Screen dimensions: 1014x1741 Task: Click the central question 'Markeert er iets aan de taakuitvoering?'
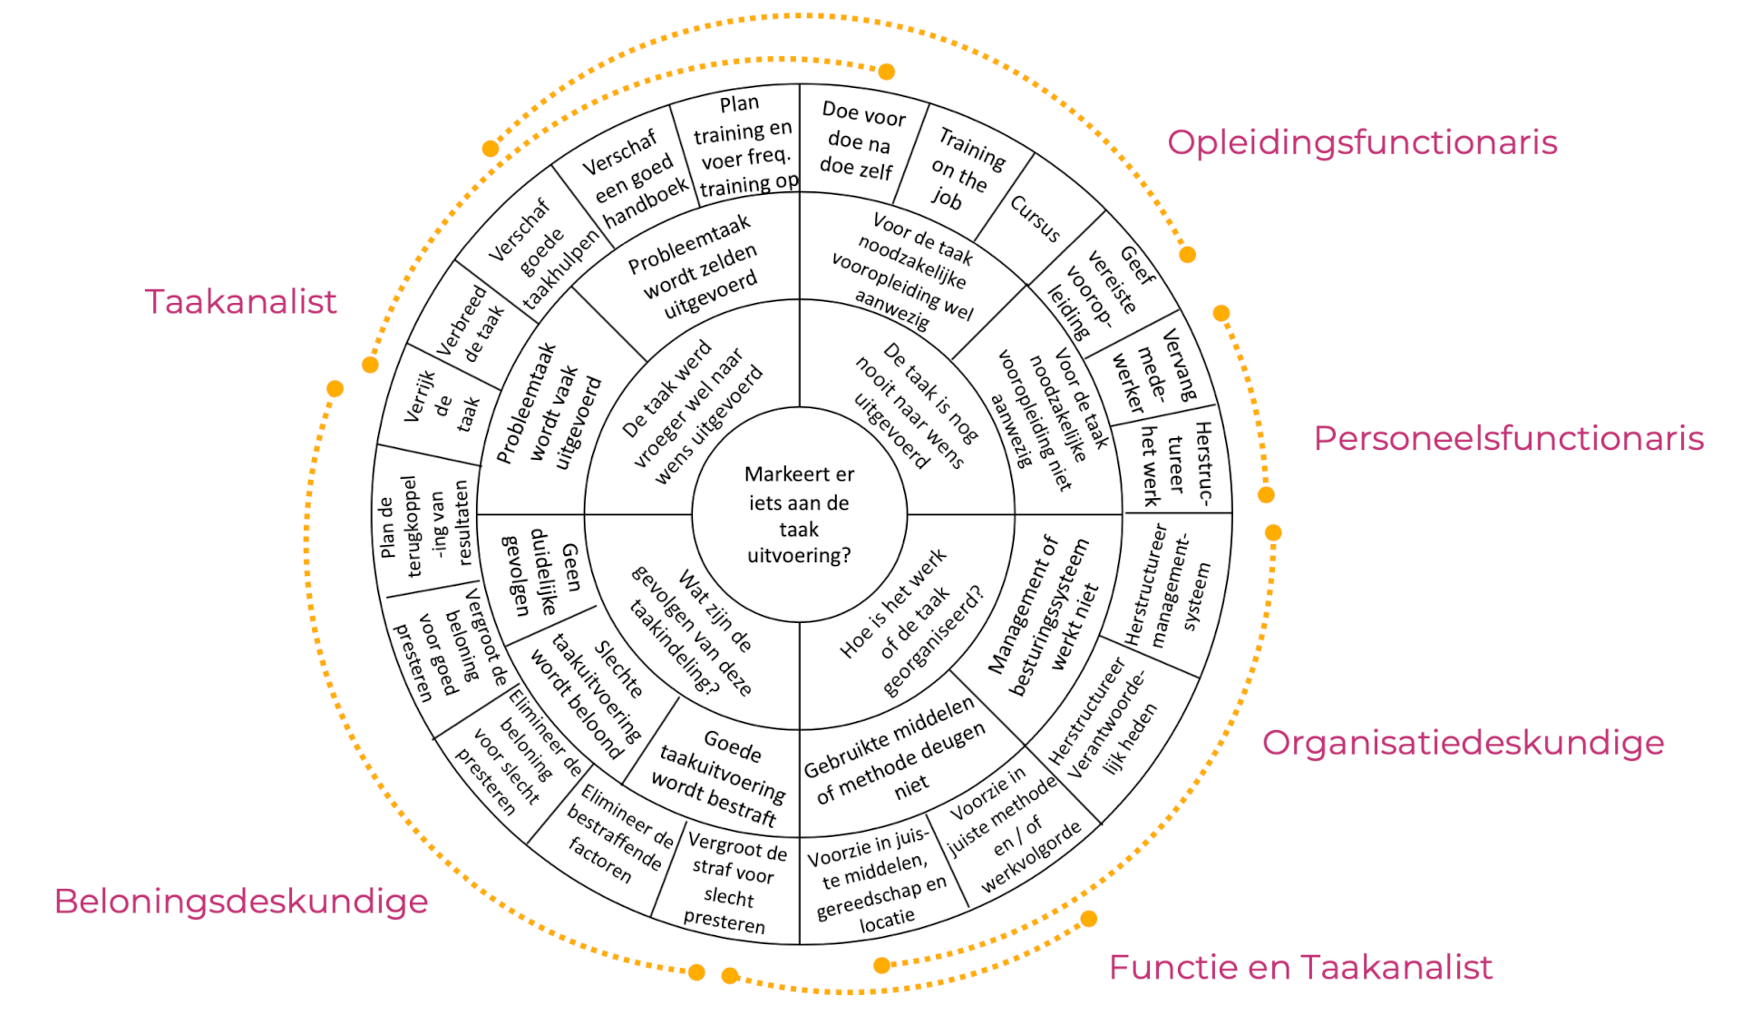click(799, 514)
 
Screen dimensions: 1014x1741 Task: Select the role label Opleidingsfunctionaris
click(1361, 142)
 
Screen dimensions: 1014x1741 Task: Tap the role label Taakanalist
click(240, 302)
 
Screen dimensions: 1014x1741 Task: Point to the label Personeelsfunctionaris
click(1508, 438)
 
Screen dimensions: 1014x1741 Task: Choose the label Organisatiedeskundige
click(1463, 743)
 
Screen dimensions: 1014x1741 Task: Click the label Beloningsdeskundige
click(240, 902)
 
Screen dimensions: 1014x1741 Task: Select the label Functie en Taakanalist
click(1299, 968)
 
